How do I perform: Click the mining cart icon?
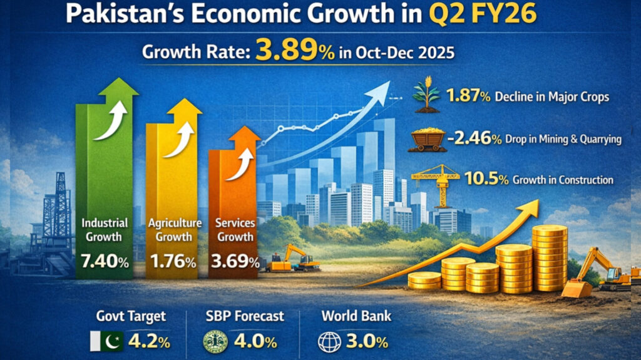point(428,139)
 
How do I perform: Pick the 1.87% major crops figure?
point(466,97)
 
